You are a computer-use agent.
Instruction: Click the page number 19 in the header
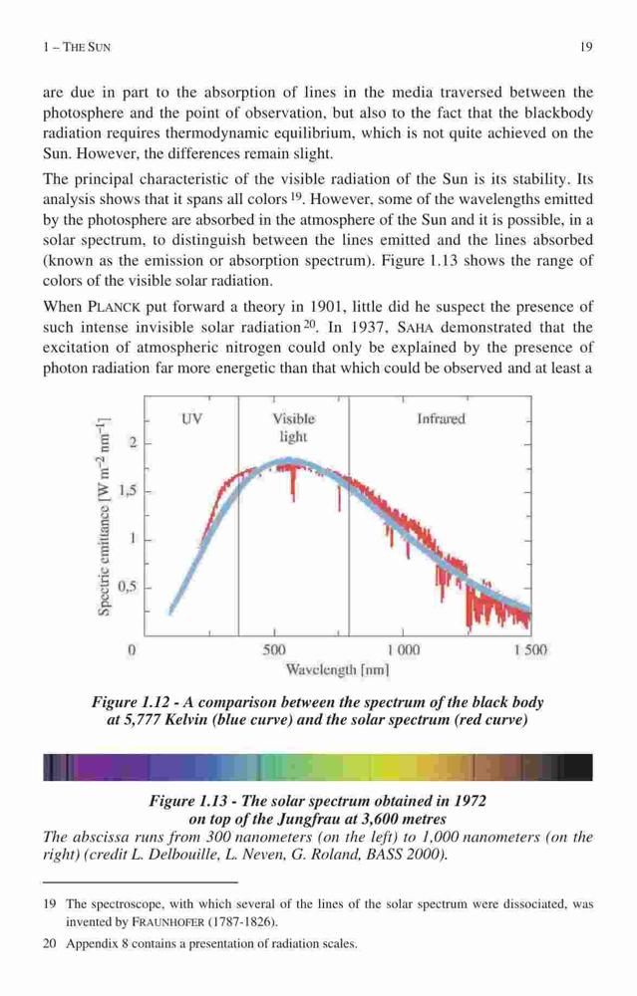587,47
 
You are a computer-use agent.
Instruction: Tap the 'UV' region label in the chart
191,418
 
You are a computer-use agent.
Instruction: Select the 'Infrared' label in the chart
442,419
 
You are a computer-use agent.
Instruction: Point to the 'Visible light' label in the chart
294,427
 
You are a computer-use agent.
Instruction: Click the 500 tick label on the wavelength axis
274,650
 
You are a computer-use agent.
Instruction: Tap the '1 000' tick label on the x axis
403,650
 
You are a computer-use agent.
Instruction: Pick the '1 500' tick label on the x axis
530,650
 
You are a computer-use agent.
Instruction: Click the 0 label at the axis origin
132,650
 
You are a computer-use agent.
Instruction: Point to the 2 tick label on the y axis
133,443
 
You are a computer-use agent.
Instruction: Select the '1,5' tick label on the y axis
128,491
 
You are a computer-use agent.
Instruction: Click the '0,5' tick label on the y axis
128,587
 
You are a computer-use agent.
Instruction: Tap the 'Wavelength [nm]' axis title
337,669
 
